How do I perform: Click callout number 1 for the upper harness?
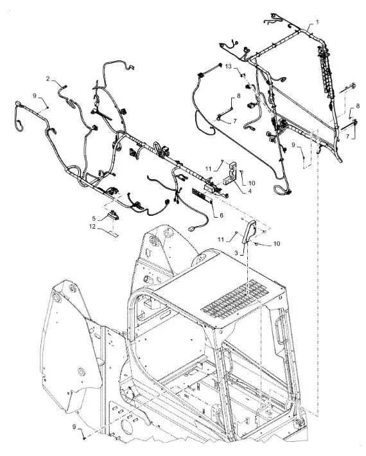pos(317,22)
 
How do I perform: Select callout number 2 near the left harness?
pos(48,78)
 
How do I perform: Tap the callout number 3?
pos(236,253)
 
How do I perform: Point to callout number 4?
pos(250,191)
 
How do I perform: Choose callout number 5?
pos(94,218)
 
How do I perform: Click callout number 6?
pos(222,215)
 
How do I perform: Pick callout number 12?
pos(92,227)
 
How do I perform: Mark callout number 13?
pos(229,67)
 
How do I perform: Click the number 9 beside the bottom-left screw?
pos(74,426)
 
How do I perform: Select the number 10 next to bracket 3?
pos(277,243)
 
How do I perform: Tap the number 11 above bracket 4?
pos(208,168)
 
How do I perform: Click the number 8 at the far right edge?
pos(358,106)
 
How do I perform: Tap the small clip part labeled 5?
pos(113,215)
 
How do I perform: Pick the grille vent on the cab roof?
pos(235,299)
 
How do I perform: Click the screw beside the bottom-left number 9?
pos(84,437)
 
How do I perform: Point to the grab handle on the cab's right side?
pos(280,332)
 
